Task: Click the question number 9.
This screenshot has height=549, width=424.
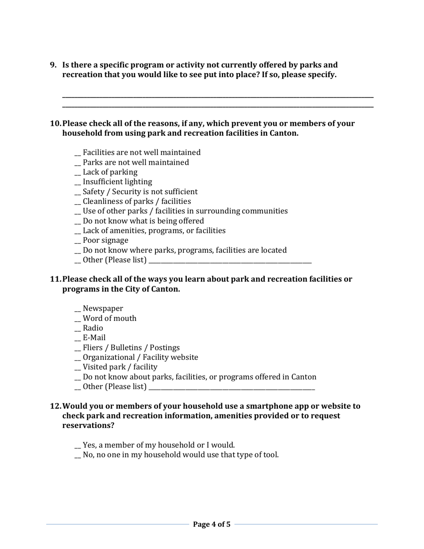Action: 53,65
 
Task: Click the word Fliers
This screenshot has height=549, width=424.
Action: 93,348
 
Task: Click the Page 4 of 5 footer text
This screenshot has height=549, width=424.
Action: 212,524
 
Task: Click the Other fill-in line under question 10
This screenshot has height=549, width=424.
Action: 230,262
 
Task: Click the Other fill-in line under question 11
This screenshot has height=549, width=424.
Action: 232,389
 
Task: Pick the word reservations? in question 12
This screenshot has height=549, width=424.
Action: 88,426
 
